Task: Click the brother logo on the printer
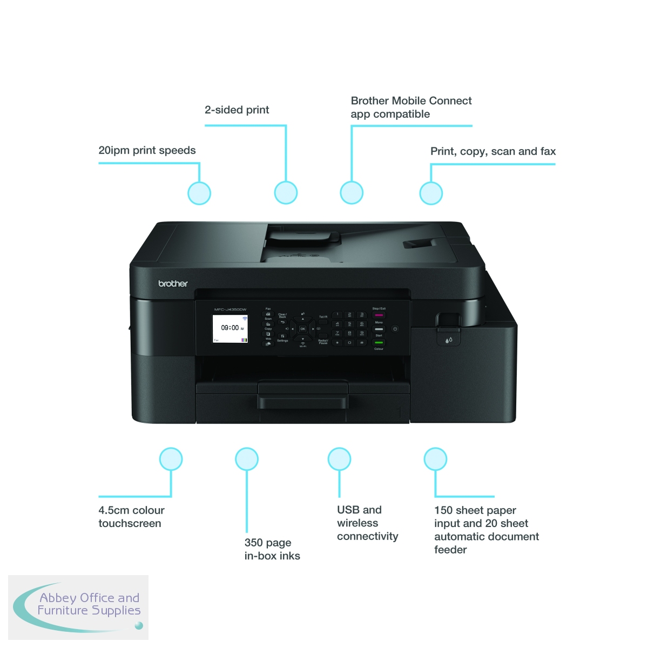tap(173, 283)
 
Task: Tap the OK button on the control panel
tap(302, 328)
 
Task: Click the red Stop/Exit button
tap(379, 315)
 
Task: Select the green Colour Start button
tap(379, 342)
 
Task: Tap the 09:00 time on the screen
tap(230, 328)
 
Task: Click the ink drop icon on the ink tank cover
tap(449, 340)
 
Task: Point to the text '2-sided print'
tap(237, 110)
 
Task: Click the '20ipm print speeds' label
tap(147, 151)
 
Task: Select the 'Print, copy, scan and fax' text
tap(492, 152)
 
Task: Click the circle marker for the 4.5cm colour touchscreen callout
tap(171, 459)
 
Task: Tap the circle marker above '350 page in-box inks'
tap(247, 459)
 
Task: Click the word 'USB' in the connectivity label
tap(348, 510)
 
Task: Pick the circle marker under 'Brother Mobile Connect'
tap(352, 193)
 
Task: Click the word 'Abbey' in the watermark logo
tap(58, 598)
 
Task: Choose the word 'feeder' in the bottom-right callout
tap(450, 550)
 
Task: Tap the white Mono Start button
tap(379, 329)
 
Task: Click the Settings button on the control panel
tap(282, 336)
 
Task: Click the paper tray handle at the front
tap(302, 402)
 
